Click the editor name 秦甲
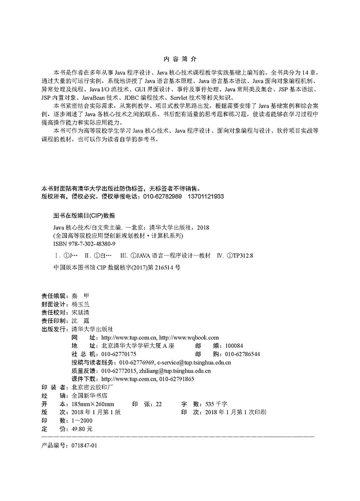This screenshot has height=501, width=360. click(x=80, y=296)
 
